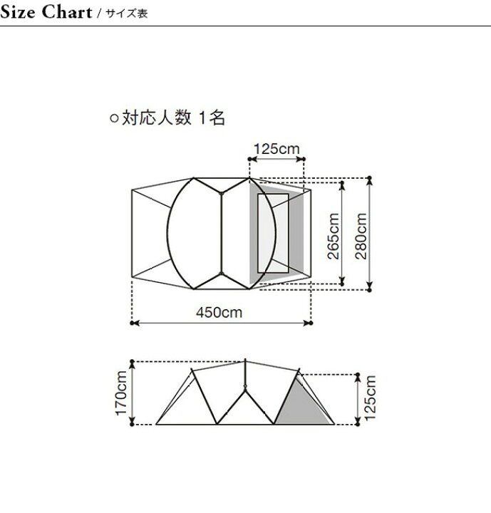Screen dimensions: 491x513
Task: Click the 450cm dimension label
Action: pos(219,313)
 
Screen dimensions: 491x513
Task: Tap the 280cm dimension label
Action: pos(361,236)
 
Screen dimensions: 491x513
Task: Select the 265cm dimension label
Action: pos(334,236)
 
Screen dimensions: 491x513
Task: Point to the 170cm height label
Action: pos(121,393)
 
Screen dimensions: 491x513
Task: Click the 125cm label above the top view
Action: pos(276,149)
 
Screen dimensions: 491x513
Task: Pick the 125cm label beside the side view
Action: pos(370,398)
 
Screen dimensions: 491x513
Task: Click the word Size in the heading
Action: pos(18,12)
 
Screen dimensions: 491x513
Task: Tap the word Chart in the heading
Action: pos(67,12)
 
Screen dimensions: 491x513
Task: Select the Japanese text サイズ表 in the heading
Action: pos(127,14)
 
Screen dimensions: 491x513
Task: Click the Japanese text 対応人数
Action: pos(157,117)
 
